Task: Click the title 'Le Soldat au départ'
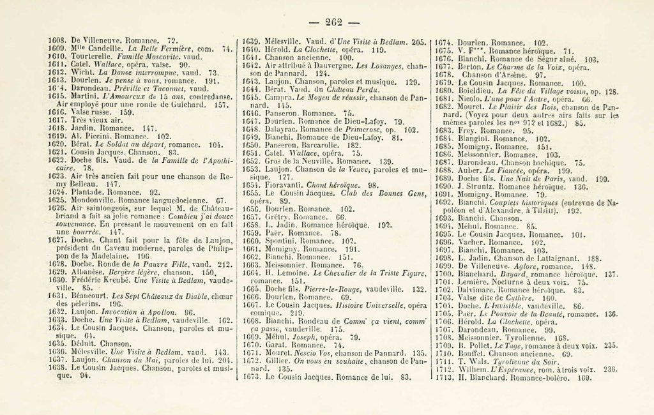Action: point(148,145)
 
